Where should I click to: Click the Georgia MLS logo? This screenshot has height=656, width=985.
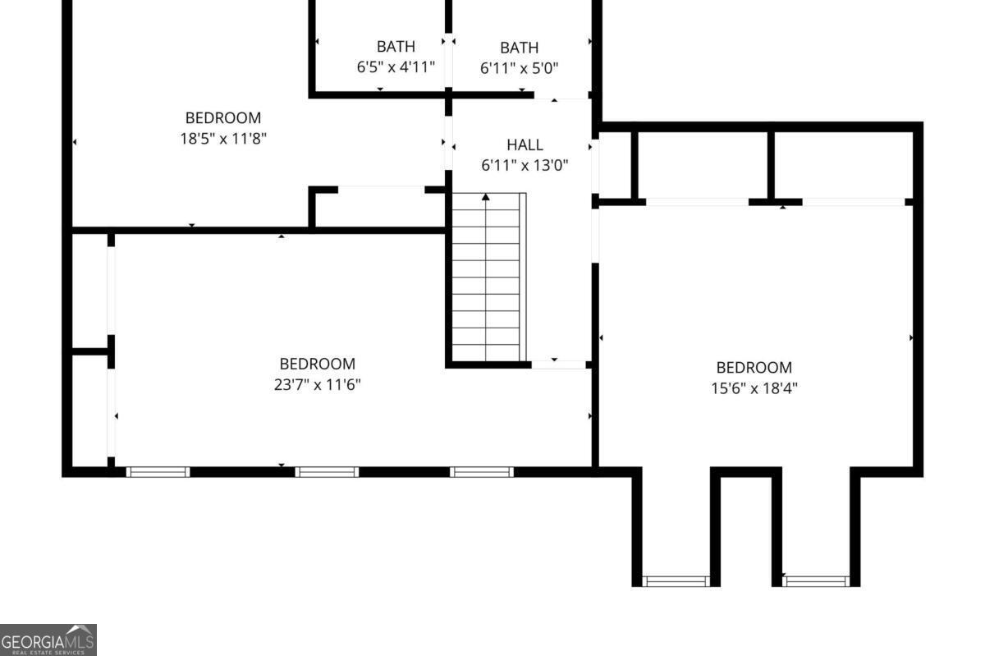[48, 640]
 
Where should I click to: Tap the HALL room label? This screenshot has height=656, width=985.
[525, 145]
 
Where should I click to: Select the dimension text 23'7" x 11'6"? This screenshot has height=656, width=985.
[317, 385]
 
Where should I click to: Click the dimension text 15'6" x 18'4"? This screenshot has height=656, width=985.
[754, 388]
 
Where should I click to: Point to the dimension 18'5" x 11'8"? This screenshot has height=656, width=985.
[223, 139]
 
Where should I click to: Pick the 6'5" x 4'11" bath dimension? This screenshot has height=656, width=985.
[396, 67]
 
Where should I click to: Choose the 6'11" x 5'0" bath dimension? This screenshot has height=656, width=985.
[520, 69]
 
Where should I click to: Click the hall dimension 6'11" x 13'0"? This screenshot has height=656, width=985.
[525, 166]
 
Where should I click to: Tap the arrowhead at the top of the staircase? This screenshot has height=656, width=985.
[485, 197]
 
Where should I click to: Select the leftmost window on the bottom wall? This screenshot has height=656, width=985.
[158, 472]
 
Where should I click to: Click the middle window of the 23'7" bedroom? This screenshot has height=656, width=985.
[327, 472]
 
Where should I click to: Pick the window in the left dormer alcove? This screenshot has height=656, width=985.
[676, 581]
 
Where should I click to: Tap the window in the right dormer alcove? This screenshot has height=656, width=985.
[816, 581]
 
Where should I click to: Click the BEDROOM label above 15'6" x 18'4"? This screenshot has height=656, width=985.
[754, 367]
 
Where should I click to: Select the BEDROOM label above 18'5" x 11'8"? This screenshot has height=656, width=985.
[223, 118]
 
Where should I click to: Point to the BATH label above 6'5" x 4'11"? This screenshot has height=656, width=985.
[396, 46]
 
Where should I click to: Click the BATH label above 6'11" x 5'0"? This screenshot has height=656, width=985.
[520, 48]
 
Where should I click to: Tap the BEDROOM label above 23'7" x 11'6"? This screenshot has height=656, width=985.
[317, 364]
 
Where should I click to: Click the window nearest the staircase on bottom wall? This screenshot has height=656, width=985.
[482, 472]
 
